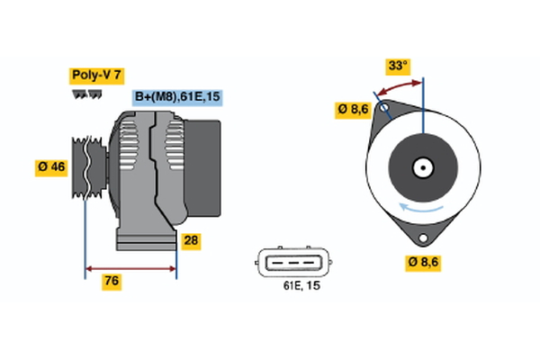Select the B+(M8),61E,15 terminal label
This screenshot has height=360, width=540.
pos(176,97)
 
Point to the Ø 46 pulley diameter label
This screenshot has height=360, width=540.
pos(52,166)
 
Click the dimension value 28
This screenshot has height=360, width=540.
pos(190,240)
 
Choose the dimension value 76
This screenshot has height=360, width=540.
pos(112,282)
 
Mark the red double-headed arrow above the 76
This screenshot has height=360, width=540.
pos(130,267)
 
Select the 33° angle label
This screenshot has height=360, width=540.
pos(398,66)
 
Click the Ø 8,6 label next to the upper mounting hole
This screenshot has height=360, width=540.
pos(353,110)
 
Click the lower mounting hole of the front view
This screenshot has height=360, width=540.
pos(423,237)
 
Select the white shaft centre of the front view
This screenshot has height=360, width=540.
pos(422,166)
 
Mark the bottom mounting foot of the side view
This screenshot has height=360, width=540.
pos(144,238)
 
